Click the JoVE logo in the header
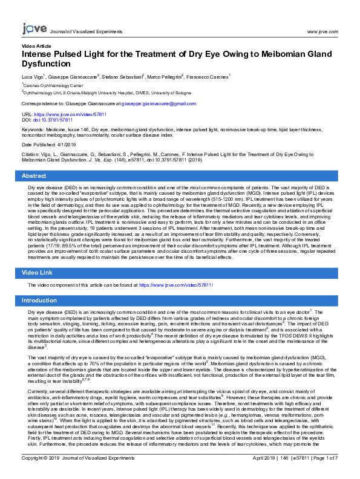33,28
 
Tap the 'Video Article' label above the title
36,46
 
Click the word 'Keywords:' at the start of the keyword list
33,129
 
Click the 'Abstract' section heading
34,175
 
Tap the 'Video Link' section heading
38,273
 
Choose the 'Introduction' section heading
39,301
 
